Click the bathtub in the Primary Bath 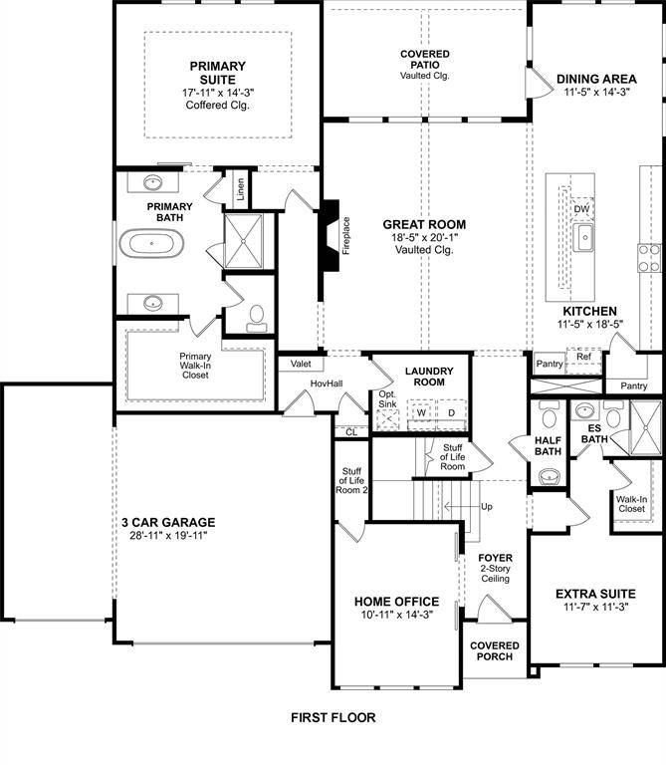pyautogui.click(x=152, y=243)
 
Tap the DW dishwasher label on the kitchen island pyautogui.click(x=582, y=209)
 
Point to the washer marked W pyautogui.click(x=421, y=412)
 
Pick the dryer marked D pyautogui.click(x=450, y=412)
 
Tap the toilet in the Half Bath pyautogui.click(x=548, y=476)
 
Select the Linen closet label pyautogui.click(x=240, y=189)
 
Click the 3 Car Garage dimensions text pyautogui.click(x=167, y=535)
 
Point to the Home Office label pyautogui.click(x=396, y=602)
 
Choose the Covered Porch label pyautogui.click(x=494, y=650)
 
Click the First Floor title pyautogui.click(x=333, y=717)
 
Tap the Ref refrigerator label pyautogui.click(x=583, y=356)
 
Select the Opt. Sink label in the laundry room pyautogui.click(x=387, y=398)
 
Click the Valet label pyautogui.click(x=302, y=365)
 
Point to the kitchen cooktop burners pyautogui.click(x=648, y=258)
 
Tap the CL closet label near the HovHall pyautogui.click(x=350, y=432)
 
